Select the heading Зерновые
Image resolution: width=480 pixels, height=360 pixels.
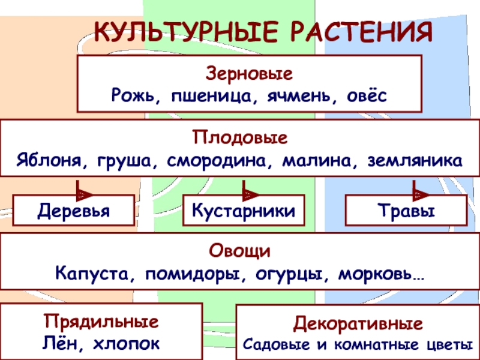pos(249,76)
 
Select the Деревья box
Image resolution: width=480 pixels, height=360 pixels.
pos(74,211)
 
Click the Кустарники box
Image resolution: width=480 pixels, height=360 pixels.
pos(244,211)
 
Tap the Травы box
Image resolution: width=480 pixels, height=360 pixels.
pos(406,211)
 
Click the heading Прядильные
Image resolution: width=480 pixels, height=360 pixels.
pos(101,322)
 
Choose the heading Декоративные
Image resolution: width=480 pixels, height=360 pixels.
pos(358,325)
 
